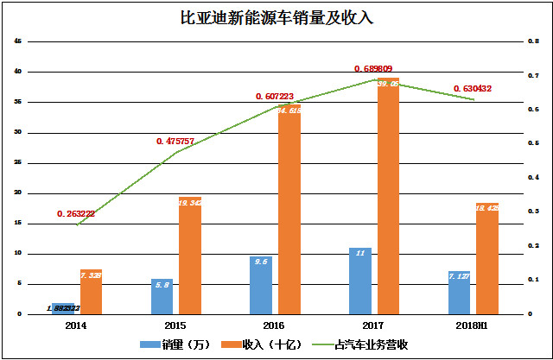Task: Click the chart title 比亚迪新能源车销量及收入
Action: click(276, 16)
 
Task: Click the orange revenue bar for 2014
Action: click(91, 292)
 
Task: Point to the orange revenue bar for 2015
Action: click(190, 255)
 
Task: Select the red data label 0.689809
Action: click(378, 68)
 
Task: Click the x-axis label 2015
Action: click(176, 325)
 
